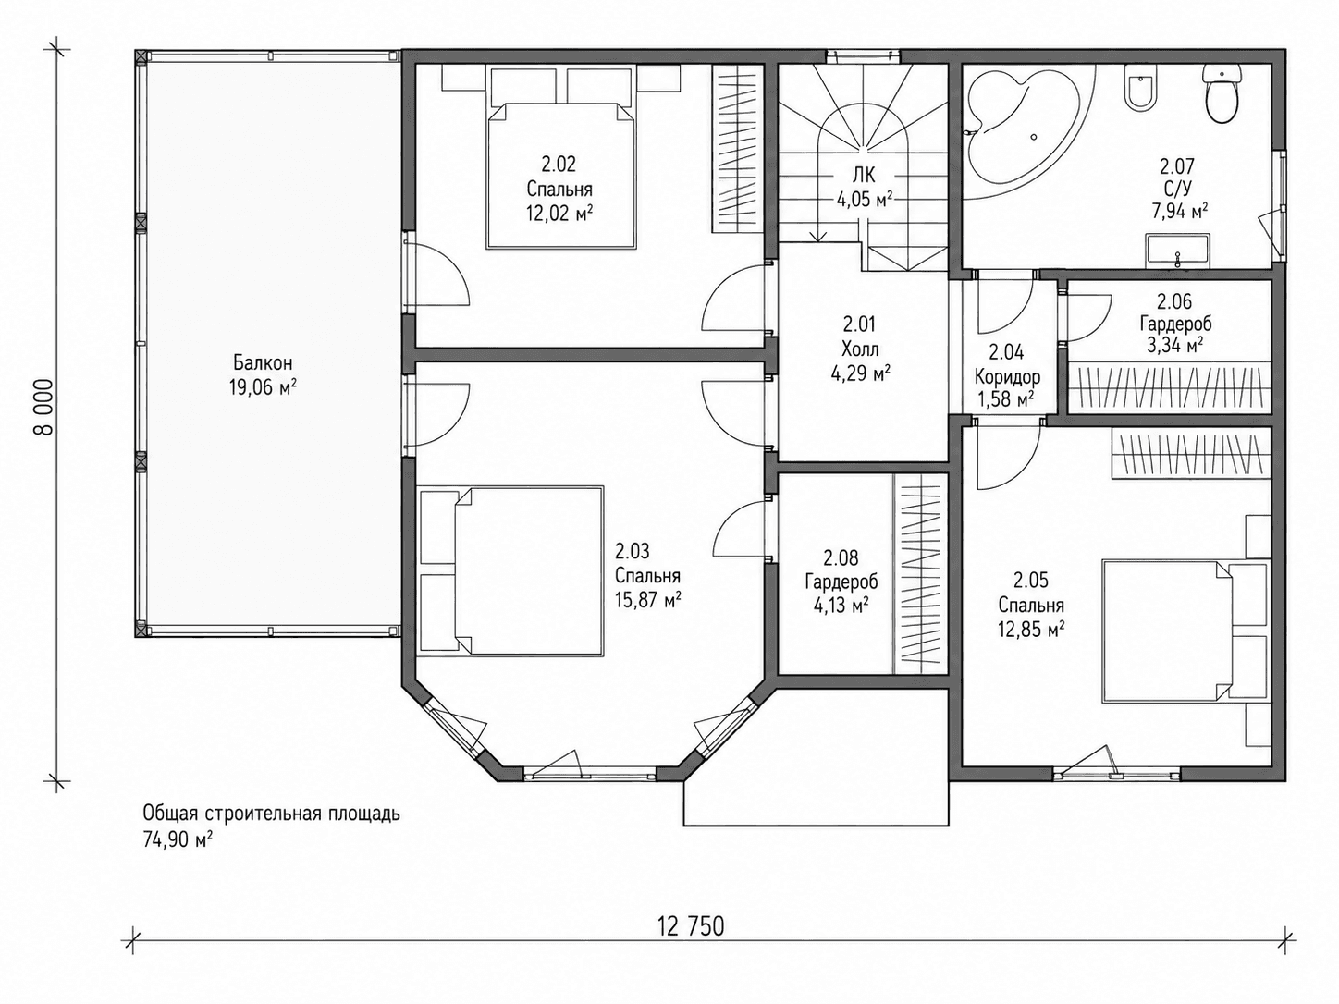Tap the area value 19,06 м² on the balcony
tap(263, 387)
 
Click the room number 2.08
tap(841, 557)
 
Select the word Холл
tap(860, 349)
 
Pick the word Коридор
tap(1007, 377)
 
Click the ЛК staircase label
tap(864, 176)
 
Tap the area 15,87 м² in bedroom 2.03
tap(648, 600)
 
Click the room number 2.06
tap(1175, 301)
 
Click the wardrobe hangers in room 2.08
tap(919, 574)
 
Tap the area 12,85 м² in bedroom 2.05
tap(1031, 629)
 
